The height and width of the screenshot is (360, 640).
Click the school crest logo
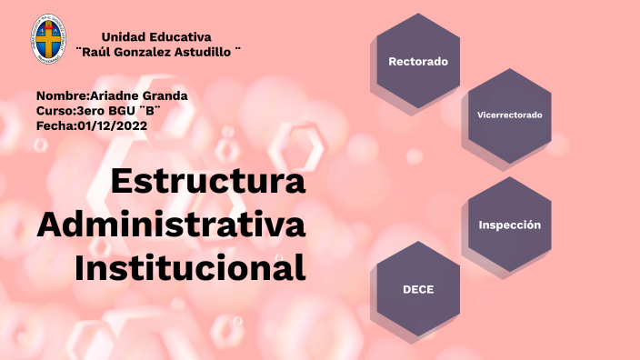pyautogui.click(x=48, y=39)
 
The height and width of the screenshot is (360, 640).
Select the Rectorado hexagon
pyautogui.click(x=418, y=62)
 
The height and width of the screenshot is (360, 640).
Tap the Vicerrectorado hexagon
pyautogui.click(x=509, y=115)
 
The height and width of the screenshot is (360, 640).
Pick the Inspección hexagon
pyautogui.click(x=509, y=225)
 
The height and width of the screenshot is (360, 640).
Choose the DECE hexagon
pyautogui.click(x=418, y=289)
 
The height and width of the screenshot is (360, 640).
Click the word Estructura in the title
pyautogui.click(x=208, y=181)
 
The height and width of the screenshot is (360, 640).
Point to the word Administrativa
pyautogui.click(x=172, y=224)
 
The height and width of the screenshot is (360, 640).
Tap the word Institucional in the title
pyautogui.click(x=190, y=267)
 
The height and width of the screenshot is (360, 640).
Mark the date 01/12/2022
pyautogui.click(x=112, y=125)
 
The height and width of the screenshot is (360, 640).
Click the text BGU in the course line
pyautogui.click(x=114, y=110)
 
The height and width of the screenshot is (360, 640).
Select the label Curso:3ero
pyautogui.click(x=65, y=110)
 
